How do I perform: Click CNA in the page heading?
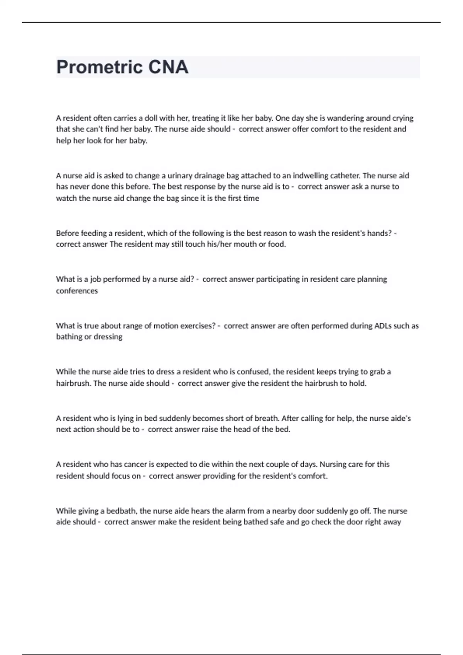[168, 67]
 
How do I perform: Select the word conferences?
[77, 291]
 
